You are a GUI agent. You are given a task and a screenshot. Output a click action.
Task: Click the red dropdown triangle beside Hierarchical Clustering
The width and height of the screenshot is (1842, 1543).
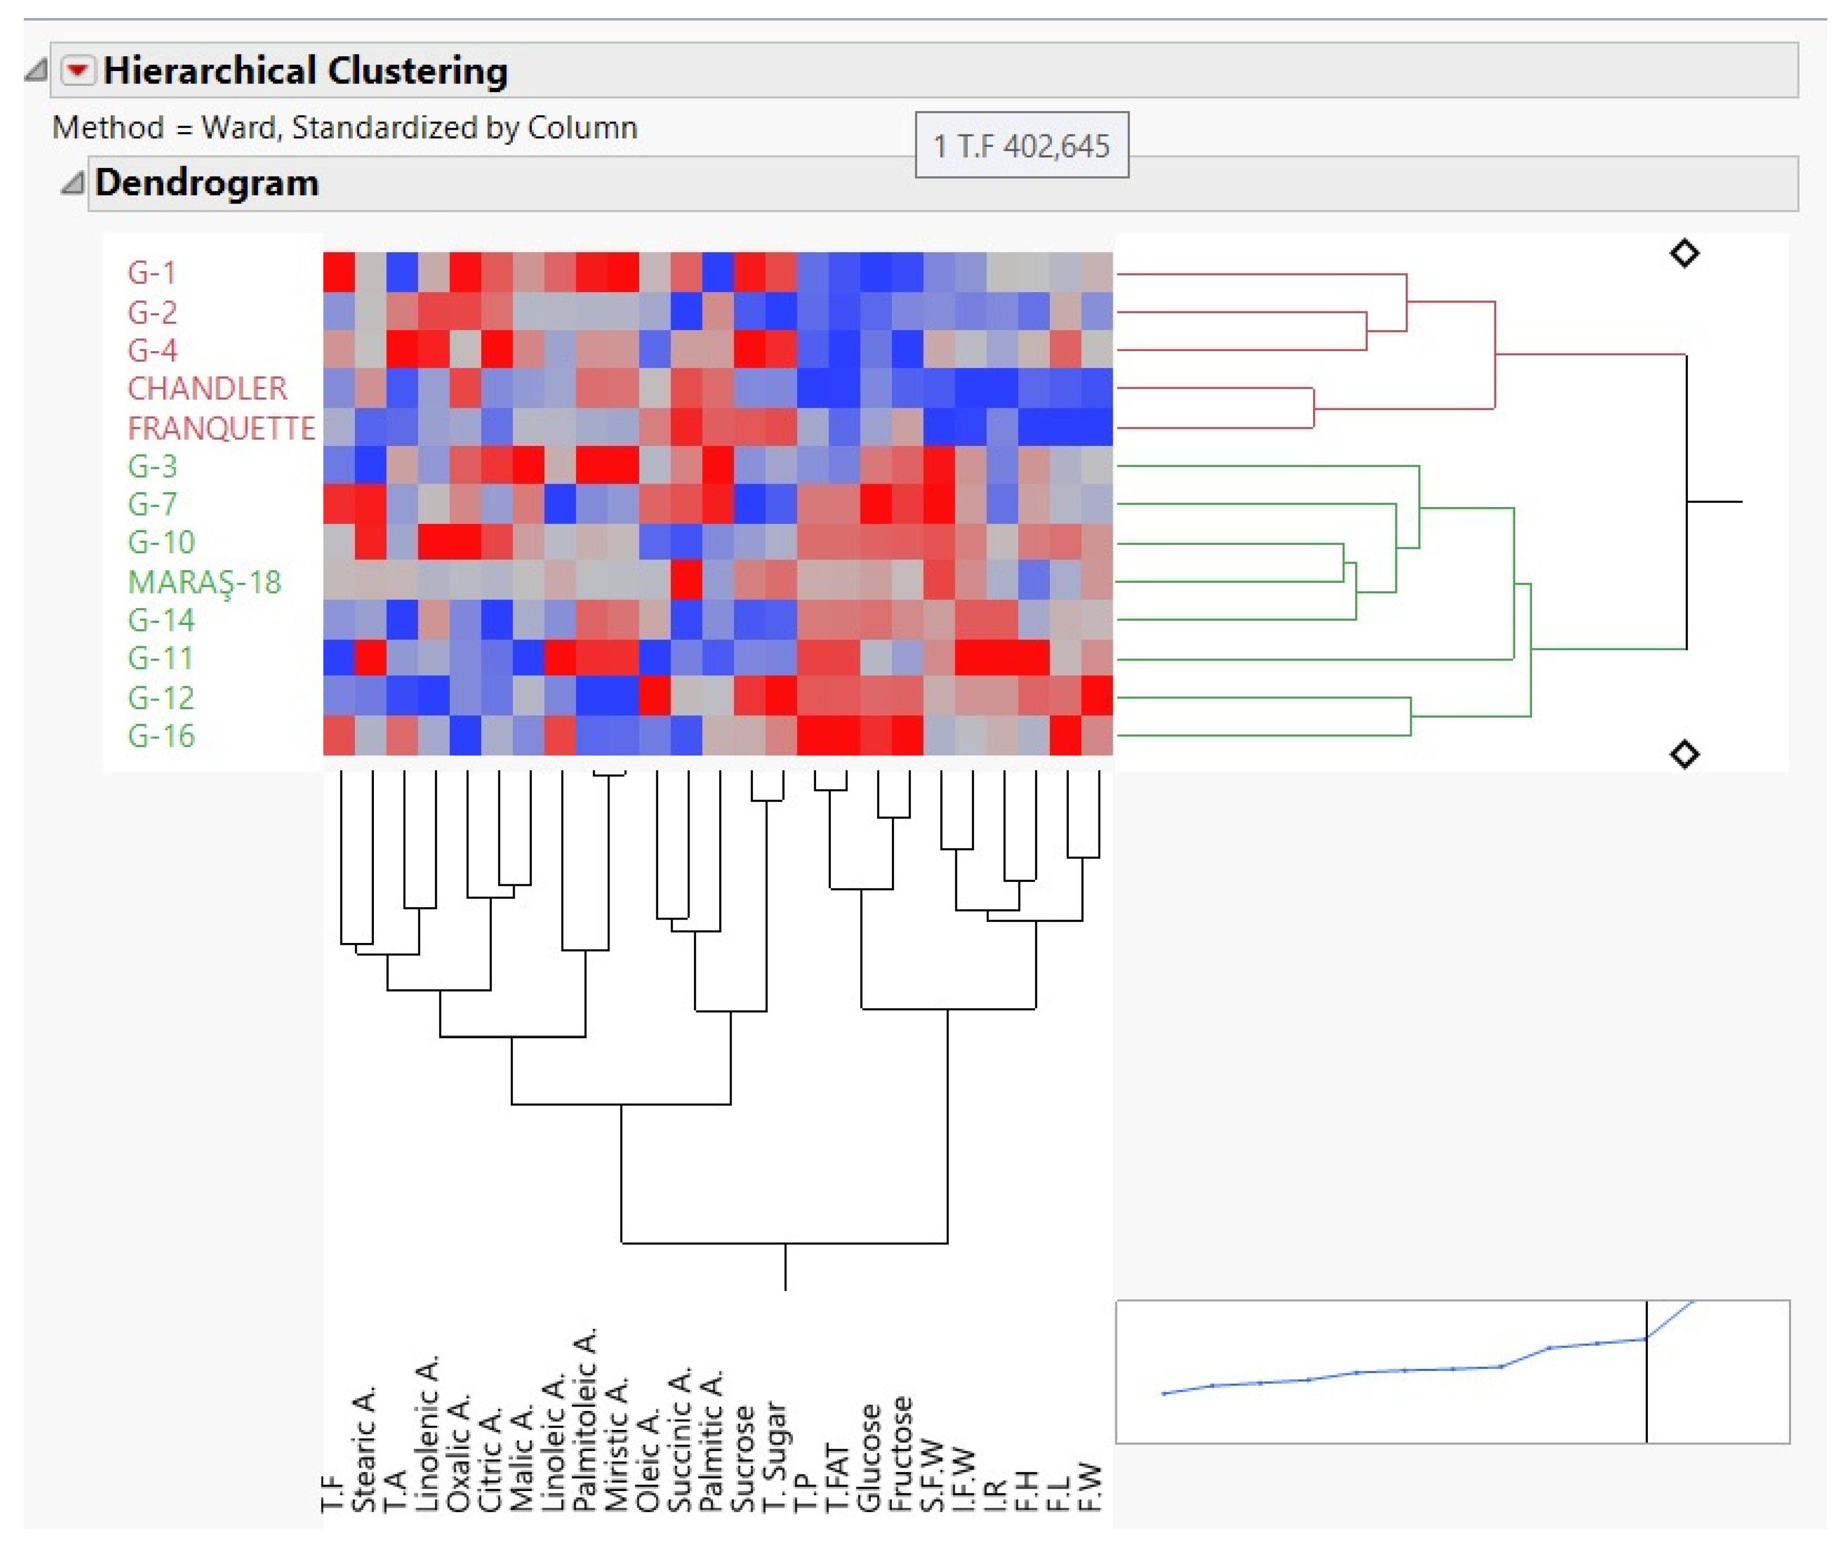77,70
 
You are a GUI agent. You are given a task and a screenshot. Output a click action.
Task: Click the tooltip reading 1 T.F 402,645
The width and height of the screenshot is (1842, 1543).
1021,145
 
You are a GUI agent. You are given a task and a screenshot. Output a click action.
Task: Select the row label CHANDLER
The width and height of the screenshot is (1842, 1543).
207,389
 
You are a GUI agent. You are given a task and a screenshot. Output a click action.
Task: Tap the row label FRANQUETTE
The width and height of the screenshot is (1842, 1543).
221,428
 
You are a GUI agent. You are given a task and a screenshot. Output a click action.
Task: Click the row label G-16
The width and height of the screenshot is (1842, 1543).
161,735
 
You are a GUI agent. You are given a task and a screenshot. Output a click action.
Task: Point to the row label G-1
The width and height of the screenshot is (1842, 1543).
152,273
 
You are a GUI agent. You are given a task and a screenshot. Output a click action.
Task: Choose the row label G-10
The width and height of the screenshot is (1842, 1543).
161,542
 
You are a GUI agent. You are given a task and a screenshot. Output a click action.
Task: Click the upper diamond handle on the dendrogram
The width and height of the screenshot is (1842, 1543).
1683,254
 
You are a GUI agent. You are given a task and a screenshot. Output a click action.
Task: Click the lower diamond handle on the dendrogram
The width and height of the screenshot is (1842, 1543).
1683,755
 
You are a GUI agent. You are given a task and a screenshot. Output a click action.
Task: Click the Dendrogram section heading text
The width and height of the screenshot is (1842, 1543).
207,183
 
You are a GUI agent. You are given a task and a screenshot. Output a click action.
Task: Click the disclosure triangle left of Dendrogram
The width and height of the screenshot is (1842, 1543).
72,183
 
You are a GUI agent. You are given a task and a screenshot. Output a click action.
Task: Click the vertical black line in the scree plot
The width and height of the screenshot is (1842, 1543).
1646,1386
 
